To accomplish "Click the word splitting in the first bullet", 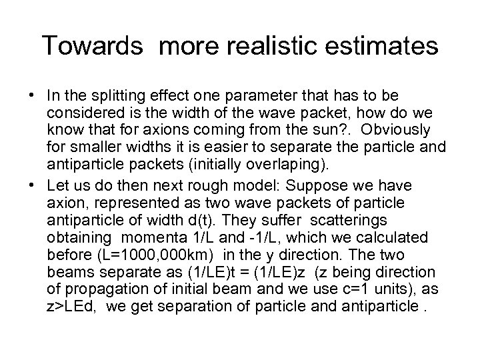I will (x=118, y=95).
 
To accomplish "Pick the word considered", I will (x=79, y=112).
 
